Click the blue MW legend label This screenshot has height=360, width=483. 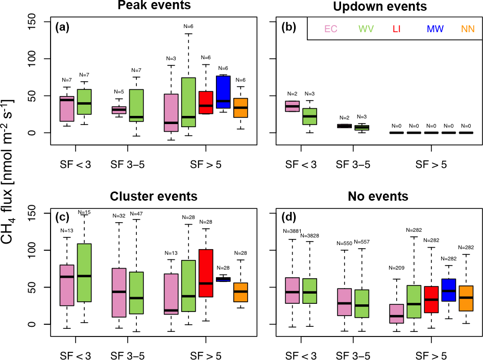(x=435, y=29)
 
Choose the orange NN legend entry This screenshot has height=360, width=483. (x=468, y=29)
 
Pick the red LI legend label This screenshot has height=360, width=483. (x=397, y=29)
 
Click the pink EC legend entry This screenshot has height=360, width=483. (x=331, y=29)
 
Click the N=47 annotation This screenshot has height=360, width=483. (x=136, y=213)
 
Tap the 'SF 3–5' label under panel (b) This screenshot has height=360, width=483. (x=353, y=164)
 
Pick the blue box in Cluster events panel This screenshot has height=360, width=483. (x=223, y=279)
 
